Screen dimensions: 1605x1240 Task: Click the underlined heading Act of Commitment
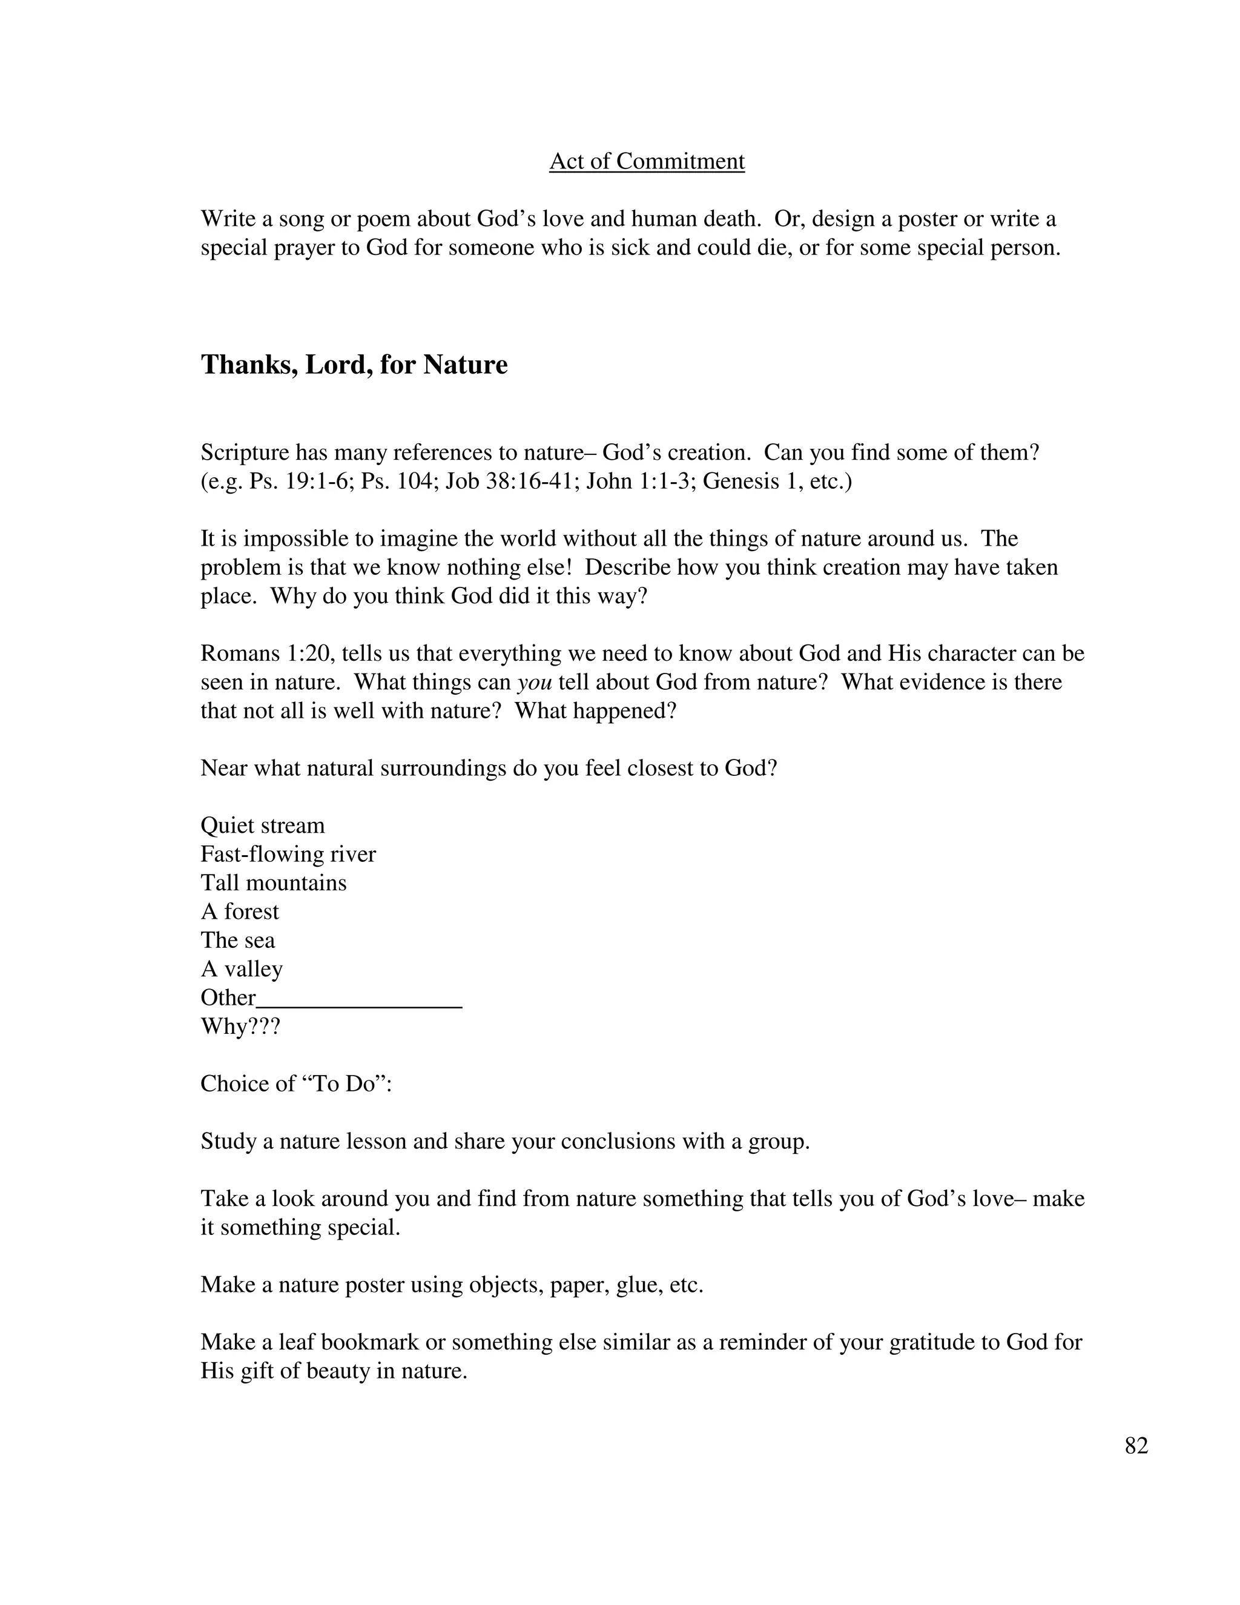(x=647, y=161)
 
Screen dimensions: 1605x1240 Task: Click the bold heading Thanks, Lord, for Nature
(x=354, y=365)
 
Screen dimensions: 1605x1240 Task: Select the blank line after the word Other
(x=360, y=999)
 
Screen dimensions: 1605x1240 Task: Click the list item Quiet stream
(x=262, y=826)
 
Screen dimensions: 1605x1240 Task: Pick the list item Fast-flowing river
(x=288, y=854)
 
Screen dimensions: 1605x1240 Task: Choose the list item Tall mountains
(x=273, y=882)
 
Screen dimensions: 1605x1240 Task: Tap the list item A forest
(x=240, y=912)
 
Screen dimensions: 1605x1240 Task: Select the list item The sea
(x=237, y=940)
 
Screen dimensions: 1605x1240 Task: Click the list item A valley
(x=241, y=968)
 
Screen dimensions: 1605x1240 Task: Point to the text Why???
(x=240, y=1026)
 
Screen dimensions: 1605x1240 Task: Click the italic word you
(x=534, y=683)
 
